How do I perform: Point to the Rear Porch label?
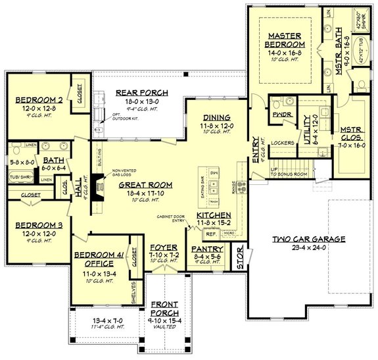tap(142, 93)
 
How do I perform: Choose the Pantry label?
tap(208, 249)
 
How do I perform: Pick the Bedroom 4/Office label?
tap(96, 259)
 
